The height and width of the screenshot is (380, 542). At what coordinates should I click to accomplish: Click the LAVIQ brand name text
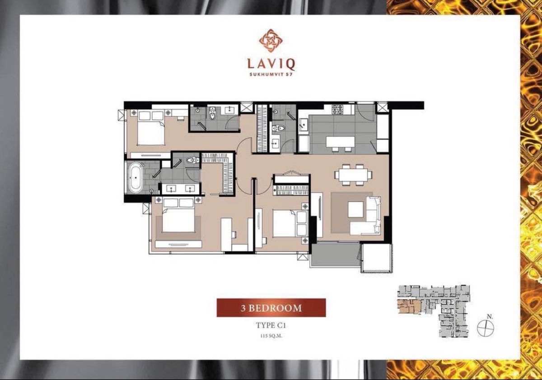pos(271,64)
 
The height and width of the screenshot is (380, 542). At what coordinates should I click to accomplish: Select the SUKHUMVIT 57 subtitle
pos(271,74)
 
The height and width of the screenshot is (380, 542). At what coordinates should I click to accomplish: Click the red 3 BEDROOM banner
pos(271,308)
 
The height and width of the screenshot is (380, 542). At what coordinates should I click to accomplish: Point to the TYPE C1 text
pos(271,325)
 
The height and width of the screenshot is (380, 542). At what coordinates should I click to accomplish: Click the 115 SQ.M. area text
pos(271,336)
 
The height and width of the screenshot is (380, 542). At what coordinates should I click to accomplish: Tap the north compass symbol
pos(485,328)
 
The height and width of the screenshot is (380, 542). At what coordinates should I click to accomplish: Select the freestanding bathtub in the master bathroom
pos(135,178)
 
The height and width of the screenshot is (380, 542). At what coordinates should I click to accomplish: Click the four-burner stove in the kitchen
pos(337,109)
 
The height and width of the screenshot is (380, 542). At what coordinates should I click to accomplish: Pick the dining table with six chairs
pos(353,175)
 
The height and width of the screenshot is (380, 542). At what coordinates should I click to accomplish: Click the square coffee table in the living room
pos(355,209)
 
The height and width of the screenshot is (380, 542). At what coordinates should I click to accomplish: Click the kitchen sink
pos(304,125)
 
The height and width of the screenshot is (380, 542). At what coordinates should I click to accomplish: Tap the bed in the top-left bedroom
pos(151,128)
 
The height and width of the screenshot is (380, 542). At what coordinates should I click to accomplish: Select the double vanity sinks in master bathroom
pos(180,189)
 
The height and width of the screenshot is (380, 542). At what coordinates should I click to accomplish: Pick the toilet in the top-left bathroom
pos(212,114)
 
